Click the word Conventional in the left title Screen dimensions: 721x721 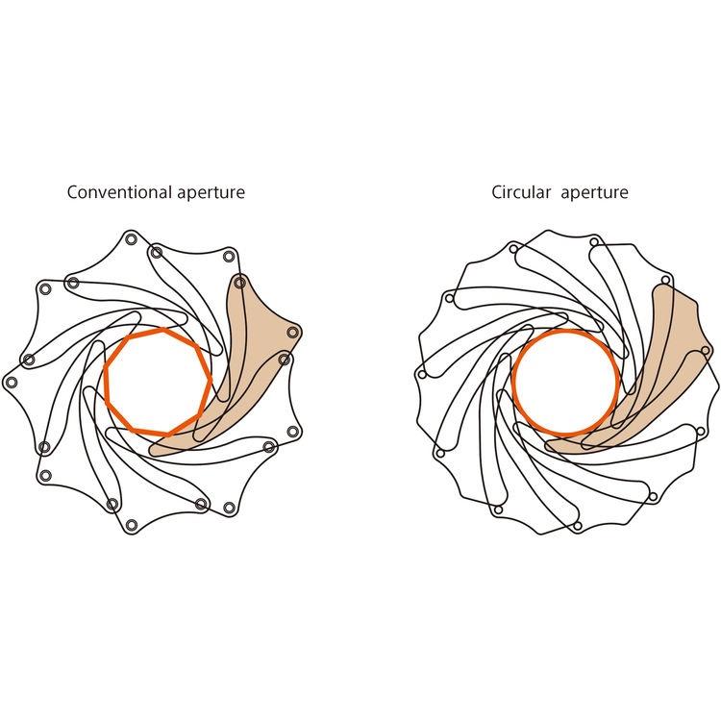click(119, 191)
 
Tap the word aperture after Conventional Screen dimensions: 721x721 click(211, 193)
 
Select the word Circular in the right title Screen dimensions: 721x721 click(521, 191)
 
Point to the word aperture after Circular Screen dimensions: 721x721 click(594, 193)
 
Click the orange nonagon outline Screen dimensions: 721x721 click(159, 382)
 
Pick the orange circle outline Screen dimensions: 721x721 click(565, 383)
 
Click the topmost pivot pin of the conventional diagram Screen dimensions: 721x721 click(131, 239)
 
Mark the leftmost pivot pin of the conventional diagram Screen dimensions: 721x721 click(12, 382)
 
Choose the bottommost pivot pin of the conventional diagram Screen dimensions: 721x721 click(132, 525)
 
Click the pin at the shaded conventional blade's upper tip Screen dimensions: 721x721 click(239, 283)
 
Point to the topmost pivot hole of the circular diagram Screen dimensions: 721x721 click(594, 242)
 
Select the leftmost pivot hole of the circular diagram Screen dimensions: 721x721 click(422, 375)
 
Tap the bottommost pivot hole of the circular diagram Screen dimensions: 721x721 click(578, 526)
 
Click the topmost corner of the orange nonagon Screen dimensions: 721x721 click(164, 329)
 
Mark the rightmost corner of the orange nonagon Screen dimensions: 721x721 click(211, 379)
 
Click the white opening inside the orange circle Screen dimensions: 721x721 click(565, 383)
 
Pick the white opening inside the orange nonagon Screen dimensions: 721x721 click(159, 382)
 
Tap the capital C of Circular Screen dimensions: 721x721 click(497, 192)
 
